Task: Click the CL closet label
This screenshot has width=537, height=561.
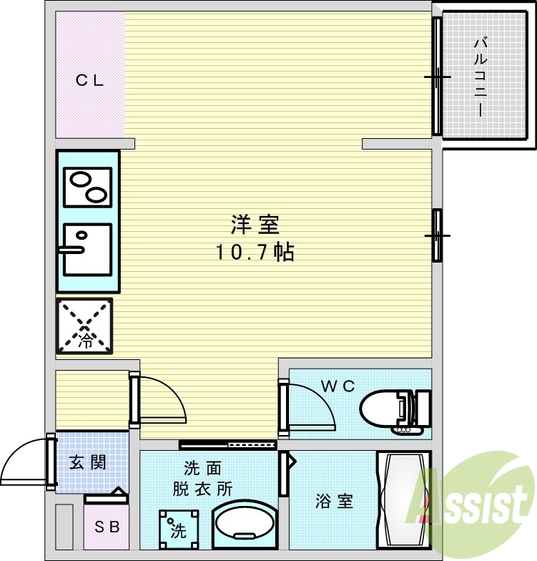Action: tap(90, 80)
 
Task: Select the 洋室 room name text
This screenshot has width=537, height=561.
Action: tap(254, 226)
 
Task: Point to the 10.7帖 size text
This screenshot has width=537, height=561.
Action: tap(255, 252)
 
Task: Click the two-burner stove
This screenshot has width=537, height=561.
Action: tap(87, 185)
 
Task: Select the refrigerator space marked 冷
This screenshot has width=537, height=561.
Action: tap(85, 326)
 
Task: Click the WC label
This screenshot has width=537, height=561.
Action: tap(338, 386)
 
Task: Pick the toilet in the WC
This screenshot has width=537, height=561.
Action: tap(395, 412)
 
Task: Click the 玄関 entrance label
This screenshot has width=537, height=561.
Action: tap(88, 462)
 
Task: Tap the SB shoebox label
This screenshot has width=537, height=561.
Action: tap(108, 527)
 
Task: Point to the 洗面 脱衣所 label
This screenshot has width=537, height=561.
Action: tap(202, 479)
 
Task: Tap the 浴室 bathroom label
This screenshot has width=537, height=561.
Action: tap(334, 501)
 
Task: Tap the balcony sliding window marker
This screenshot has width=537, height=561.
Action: tap(437, 77)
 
